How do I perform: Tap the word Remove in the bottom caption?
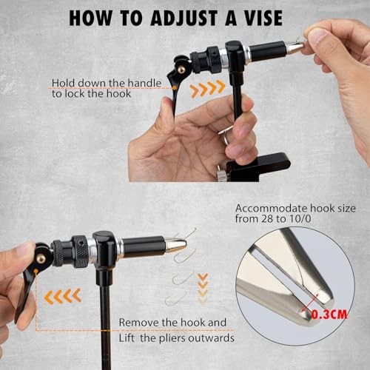pyautogui.click(x=138, y=323)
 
